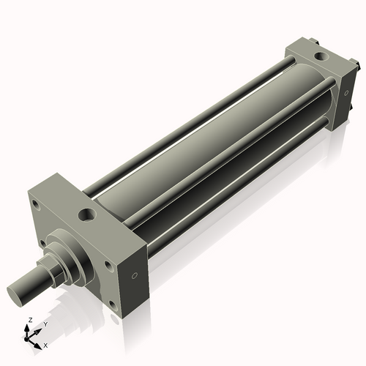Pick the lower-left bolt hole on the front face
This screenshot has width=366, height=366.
point(44,244)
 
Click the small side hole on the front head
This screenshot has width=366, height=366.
point(135,276)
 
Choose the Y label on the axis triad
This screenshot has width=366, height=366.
point(45,323)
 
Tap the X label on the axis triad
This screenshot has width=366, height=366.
point(45,345)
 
